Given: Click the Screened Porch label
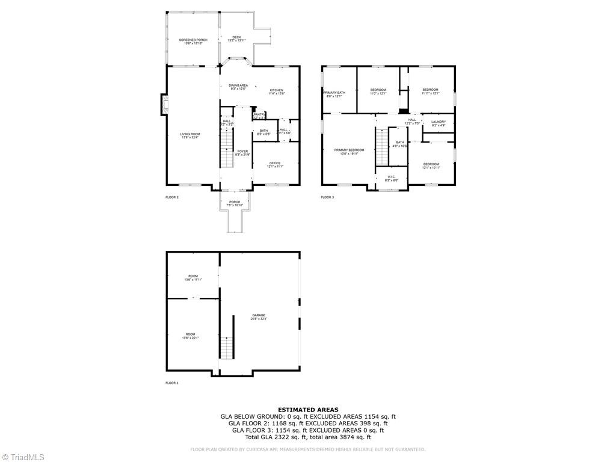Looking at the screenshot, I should [193, 40].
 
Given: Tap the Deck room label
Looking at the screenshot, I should [237, 38].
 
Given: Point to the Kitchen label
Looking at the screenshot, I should [276, 91].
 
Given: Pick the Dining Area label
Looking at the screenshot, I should [238, 86].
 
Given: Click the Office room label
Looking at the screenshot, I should [275, 164].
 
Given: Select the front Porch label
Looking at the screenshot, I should [235, 203].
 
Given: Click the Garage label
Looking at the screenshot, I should [259, 316].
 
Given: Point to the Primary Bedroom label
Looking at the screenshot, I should [349, 150].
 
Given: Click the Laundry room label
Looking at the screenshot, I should [438, 123].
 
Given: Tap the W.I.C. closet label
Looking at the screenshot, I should [391, 178].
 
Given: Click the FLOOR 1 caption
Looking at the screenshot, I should [172, 383].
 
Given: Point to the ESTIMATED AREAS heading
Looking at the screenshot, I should [308, 410].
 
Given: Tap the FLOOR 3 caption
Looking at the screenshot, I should [327, 197].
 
